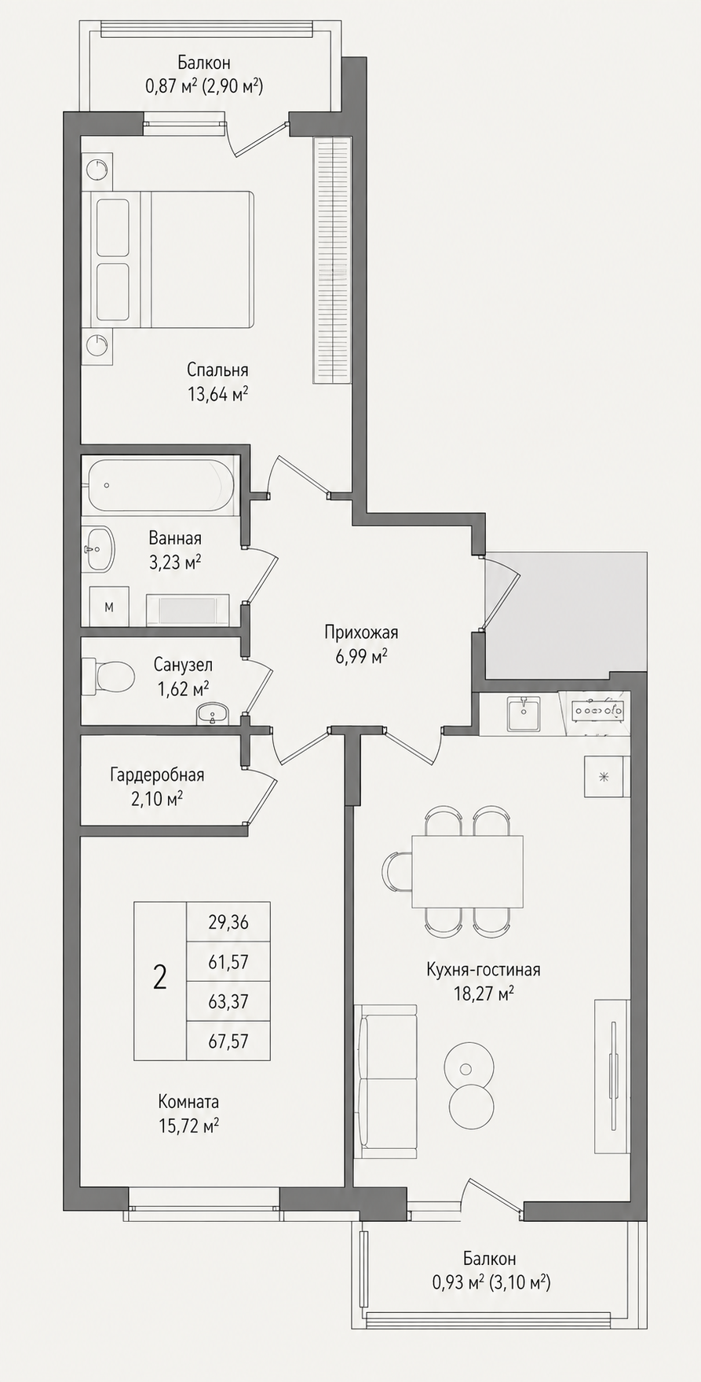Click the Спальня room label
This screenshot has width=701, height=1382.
pos(217,370)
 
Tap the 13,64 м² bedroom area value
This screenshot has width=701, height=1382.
pos(217,394)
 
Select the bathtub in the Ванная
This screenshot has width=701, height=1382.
pos(161,485)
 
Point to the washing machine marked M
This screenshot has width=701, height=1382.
pos(109,606)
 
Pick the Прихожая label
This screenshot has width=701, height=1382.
pos(362,633)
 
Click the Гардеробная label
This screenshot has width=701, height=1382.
pos(157,775)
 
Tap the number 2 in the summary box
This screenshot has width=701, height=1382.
pos(160,978)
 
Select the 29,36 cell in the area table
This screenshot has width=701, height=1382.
pos(228,923)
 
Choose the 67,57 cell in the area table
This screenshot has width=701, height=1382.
pos(228,1041)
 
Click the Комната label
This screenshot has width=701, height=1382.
pos(188,1101)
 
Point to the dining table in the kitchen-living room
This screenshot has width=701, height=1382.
pos(468,871)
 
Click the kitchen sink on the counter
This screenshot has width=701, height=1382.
pos(522,714)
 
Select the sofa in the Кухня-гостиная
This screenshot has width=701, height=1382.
pos(387,1080)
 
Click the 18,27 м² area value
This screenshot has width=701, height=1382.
pos(484,994)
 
